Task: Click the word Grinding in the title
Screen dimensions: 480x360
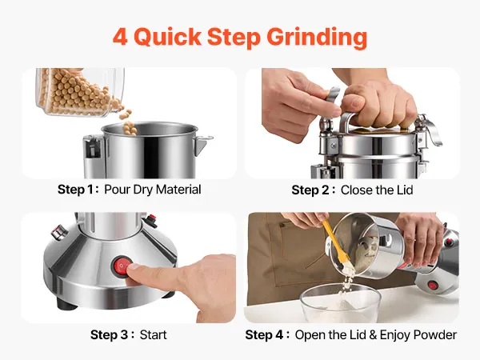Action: coord(317,38)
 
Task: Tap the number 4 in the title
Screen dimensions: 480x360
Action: coord(120,37)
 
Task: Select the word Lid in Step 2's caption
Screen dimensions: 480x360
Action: coord(405,190)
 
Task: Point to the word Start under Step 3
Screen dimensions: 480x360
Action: coord(153,334)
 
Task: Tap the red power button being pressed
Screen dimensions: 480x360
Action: coord(122,266)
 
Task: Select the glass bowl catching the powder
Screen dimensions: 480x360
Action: coord(341,302)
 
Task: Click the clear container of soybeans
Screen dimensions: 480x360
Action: coord(80,92)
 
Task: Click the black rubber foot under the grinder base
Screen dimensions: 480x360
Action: coord(66,304)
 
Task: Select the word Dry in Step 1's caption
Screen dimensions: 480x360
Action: coord(143,190)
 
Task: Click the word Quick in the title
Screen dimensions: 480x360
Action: coord(167,38)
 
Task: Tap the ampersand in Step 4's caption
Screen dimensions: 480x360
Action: coord(373,334)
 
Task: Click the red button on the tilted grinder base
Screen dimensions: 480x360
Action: coord(433,286)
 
